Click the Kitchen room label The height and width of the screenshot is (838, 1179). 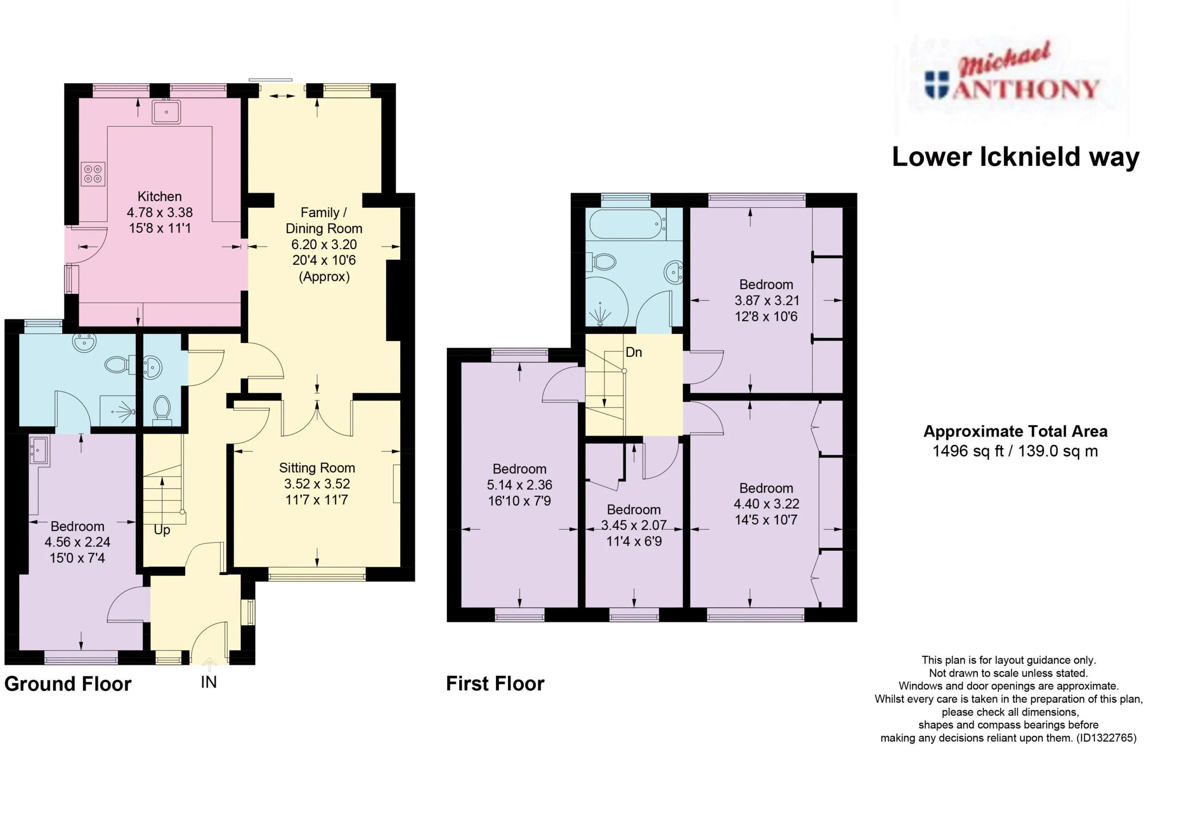point(159,197)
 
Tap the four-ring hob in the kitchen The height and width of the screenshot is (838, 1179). point(93,174)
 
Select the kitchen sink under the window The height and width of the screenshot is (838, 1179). point(166,111)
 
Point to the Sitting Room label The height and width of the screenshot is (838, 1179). point(317,468)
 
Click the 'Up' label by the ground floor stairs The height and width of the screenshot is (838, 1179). point(162,530)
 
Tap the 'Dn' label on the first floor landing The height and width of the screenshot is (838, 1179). point(634,352)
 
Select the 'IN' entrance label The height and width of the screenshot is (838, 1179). point(209,682)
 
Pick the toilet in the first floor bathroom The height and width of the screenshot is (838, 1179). point(601,262)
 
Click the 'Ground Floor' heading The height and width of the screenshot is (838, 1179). point(68,684)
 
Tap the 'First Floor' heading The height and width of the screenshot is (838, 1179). point(496,684)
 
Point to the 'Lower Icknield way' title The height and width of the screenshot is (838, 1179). point(1016,157)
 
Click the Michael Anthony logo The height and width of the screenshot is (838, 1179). point(1011,77)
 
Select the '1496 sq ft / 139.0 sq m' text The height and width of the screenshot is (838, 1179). point(1015,451)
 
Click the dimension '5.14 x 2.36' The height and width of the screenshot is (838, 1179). point(519,485)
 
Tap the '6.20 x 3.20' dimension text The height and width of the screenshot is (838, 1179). point(324,244)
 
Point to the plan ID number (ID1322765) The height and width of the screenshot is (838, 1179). point(1106,738)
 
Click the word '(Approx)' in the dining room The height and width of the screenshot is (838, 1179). point(324,277)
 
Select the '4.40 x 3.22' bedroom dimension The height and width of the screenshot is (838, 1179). point(766,504)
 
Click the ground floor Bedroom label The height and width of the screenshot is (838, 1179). point(77,526)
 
